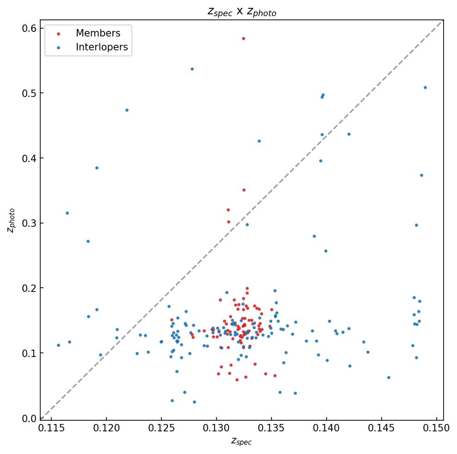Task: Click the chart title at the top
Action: click(241, 12)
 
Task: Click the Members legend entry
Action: click(98, 33)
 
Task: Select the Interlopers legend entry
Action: click(102, 47)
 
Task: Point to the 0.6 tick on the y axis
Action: click(30, 29)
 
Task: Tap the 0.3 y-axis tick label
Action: click(30, 224)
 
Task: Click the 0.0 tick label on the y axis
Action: click(30, 418)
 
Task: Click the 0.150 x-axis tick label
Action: click(437, 428)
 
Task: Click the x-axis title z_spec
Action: click(241, 442)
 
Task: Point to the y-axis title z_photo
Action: click(12, 220)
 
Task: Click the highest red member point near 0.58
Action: click(243, 38)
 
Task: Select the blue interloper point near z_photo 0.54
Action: click(192, 69)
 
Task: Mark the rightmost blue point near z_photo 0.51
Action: click(425, 87)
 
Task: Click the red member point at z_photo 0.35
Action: click(244, 190)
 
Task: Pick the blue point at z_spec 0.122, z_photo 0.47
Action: click(127, 110)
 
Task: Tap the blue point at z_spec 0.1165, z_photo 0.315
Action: click(67, 213)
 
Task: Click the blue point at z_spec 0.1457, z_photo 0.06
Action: click(389, 377)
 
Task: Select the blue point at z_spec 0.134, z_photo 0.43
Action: click(259, 141)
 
